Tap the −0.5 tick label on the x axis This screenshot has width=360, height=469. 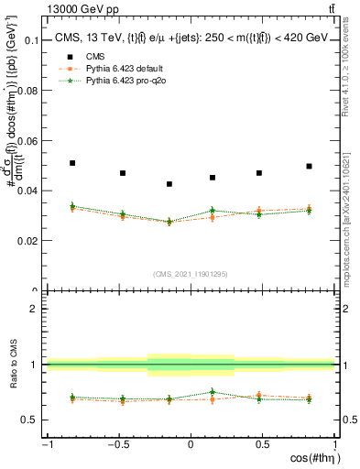point(117,445)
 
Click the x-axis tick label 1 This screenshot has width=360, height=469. point(333,445)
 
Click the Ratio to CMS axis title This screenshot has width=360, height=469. point(12,365)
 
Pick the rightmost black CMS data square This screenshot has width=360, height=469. point(309,167)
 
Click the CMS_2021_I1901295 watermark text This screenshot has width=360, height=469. point(190,274)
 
